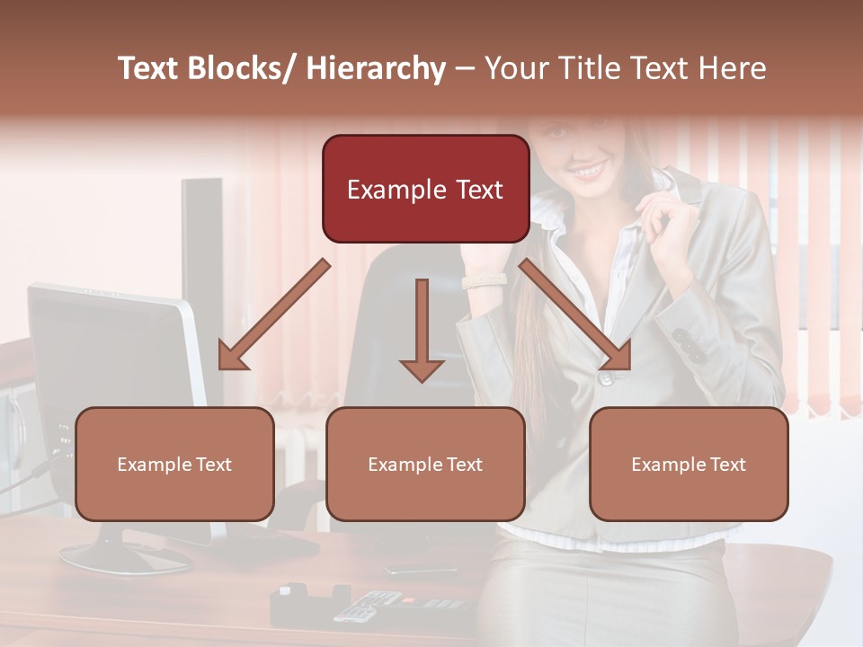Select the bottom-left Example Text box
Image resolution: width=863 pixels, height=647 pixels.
(x=174, y=464)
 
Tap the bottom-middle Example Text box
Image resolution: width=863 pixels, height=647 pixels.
(x=425, y=464)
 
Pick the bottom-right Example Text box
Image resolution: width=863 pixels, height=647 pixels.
(x=689, y=464)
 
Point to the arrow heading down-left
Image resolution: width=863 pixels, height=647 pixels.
(x=273, y=315)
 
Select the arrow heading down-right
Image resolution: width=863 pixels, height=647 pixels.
(x=575, y=315)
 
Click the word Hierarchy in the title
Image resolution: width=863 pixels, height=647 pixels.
(x=376, y=68)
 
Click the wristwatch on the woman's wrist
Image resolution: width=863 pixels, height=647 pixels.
(x=484, y=280)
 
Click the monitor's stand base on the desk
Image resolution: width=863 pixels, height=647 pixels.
(x=126, y=557)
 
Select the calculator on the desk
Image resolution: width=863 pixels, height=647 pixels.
(x=369, y=606)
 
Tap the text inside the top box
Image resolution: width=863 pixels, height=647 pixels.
(x=425, y=190)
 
